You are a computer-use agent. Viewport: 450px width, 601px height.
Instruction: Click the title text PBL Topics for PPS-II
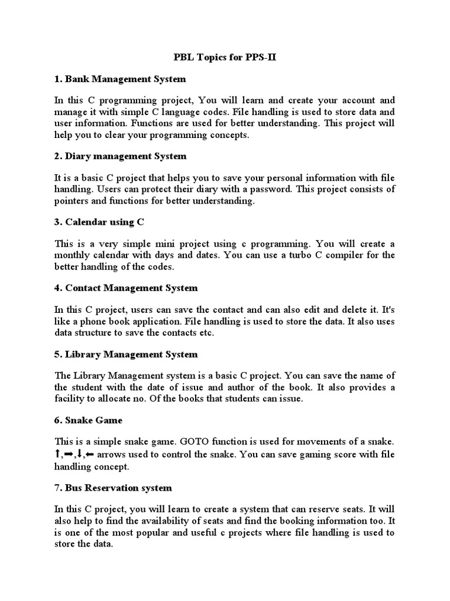pyautogui.click(x=224, y=58)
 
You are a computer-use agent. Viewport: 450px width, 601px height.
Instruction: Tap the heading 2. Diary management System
pyautogui.click(x=120, y=156)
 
